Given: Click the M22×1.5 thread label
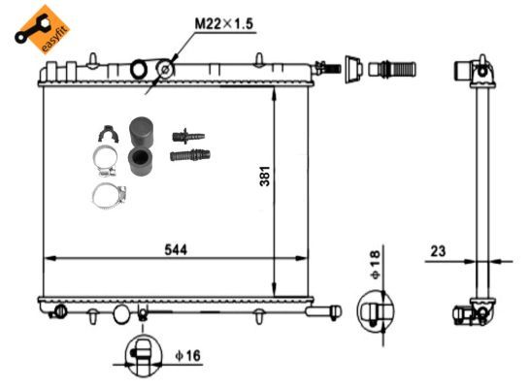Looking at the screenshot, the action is click(x=223, y=24).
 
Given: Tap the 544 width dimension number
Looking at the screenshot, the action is click(x=176, y=250).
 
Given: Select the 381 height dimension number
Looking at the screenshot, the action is click(x=265, y=176).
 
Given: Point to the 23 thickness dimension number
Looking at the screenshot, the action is click(x=438, y=251).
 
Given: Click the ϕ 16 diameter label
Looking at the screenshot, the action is click(x=188, y=355).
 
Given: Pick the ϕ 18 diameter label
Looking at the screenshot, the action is click(x=376, y=265).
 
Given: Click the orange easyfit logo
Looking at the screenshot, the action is click(x=42, y=30).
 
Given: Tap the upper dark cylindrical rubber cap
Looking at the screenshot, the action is click(x=141, y=132).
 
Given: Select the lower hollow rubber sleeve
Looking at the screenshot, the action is click(x=140, y=162).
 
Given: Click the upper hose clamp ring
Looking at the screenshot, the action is click(x=105, y=160).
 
